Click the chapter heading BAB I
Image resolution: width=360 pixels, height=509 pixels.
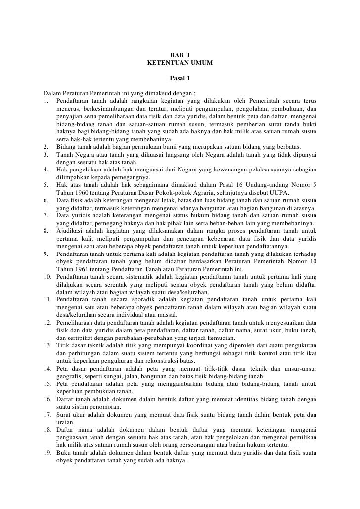(180, 55)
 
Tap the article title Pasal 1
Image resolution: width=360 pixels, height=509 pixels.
(180, 78)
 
